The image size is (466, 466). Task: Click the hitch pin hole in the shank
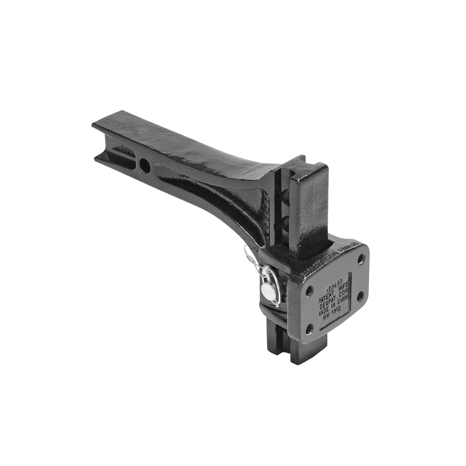tap(145, 164)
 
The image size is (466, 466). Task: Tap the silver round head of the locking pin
tap(266, 290)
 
